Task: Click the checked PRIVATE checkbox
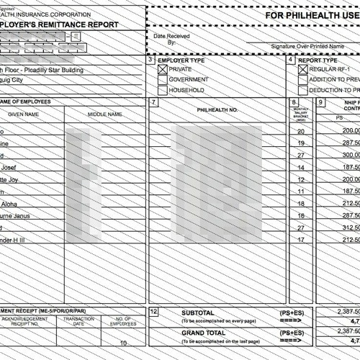(163, 69)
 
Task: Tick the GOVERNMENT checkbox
(163, 80)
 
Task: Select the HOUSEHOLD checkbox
(163, 91)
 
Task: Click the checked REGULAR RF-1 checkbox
(302, 69)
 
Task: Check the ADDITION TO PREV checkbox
(302, 80)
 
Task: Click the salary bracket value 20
(301, 131)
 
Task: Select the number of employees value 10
(123, 343)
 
